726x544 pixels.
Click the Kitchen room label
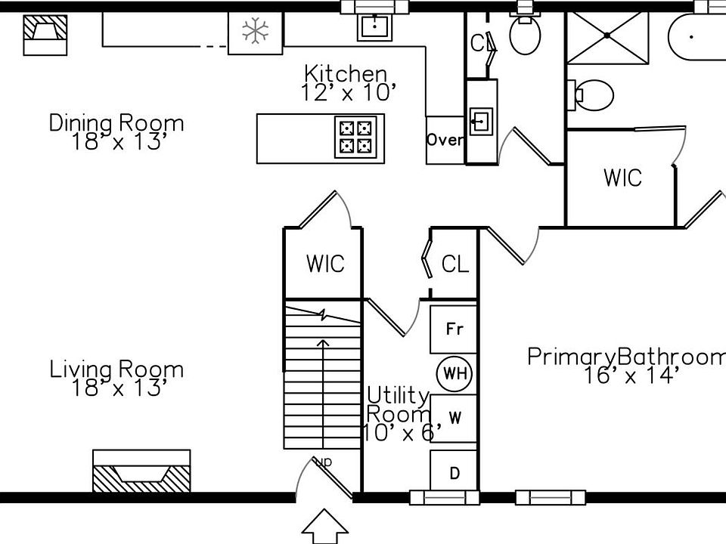tap(346, 83)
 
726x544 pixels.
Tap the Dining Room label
tap(116, 132)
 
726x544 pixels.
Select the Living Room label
tap(116, 379)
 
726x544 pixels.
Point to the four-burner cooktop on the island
tap(355, 138)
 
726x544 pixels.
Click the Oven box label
tap(445, 140)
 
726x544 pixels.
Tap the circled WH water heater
tap(455, 373)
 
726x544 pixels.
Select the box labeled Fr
tap(454, 329)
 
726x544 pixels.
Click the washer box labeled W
tap(455, 418)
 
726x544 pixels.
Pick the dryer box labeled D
tap(455, 474)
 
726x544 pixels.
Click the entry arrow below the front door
tap(324, 527)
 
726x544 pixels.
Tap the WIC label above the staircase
tap(325, 264)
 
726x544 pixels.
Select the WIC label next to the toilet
tap(622, 178)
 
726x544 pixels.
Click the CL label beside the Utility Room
tap(455, 264)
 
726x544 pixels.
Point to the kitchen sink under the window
tap(374, 27)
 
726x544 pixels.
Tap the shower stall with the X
tap(607, 36)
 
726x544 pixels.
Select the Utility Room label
tap(399, 414)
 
